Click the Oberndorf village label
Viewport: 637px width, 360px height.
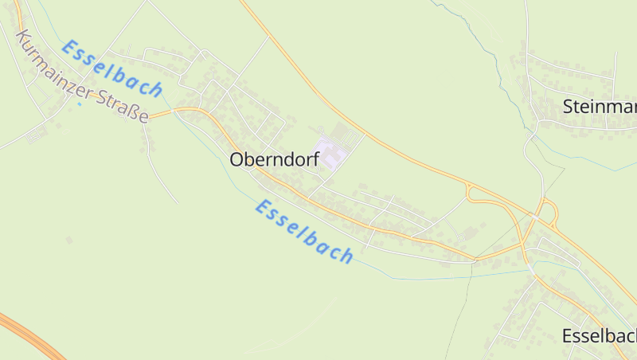274,159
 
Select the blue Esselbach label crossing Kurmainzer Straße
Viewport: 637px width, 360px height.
112,68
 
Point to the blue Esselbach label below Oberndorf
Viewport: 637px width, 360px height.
304,231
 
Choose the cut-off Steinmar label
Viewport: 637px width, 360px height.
599,106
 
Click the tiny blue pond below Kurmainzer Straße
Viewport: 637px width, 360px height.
79,104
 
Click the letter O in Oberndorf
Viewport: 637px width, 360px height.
236,159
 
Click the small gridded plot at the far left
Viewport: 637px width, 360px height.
33,135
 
